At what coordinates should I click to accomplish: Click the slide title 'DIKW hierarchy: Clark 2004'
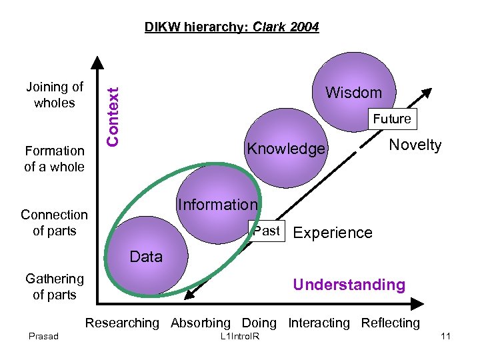tap(232, 27)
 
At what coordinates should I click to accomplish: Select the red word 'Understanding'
tap(349, 285)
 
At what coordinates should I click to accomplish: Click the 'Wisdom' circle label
tap(353, 93)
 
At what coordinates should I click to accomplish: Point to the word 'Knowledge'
tap(286, 149)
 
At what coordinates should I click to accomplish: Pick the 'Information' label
tap(217, 205)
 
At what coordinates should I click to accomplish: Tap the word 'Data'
tap(146, 257)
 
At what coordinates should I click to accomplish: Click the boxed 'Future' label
tap(392, 119)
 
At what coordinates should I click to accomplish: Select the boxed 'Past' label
tap(267, 231)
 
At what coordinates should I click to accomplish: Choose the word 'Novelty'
tap(415, 145)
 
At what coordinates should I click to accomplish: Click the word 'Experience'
tap(333, 233)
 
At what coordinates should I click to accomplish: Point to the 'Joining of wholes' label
tap(54, 95)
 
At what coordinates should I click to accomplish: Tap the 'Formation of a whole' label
tap(54, 159)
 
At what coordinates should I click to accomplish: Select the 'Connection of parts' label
tap(54, 223)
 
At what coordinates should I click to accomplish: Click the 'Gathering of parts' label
tap(54, 287)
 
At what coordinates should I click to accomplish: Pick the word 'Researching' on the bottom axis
tap(122, 323)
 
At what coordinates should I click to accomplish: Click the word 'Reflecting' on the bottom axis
tap(390, 323)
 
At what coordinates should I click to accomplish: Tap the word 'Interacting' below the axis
tap(319, 323)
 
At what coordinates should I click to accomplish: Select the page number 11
tap(445, 336)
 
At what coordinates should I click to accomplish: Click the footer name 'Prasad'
tap(43, 336)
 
